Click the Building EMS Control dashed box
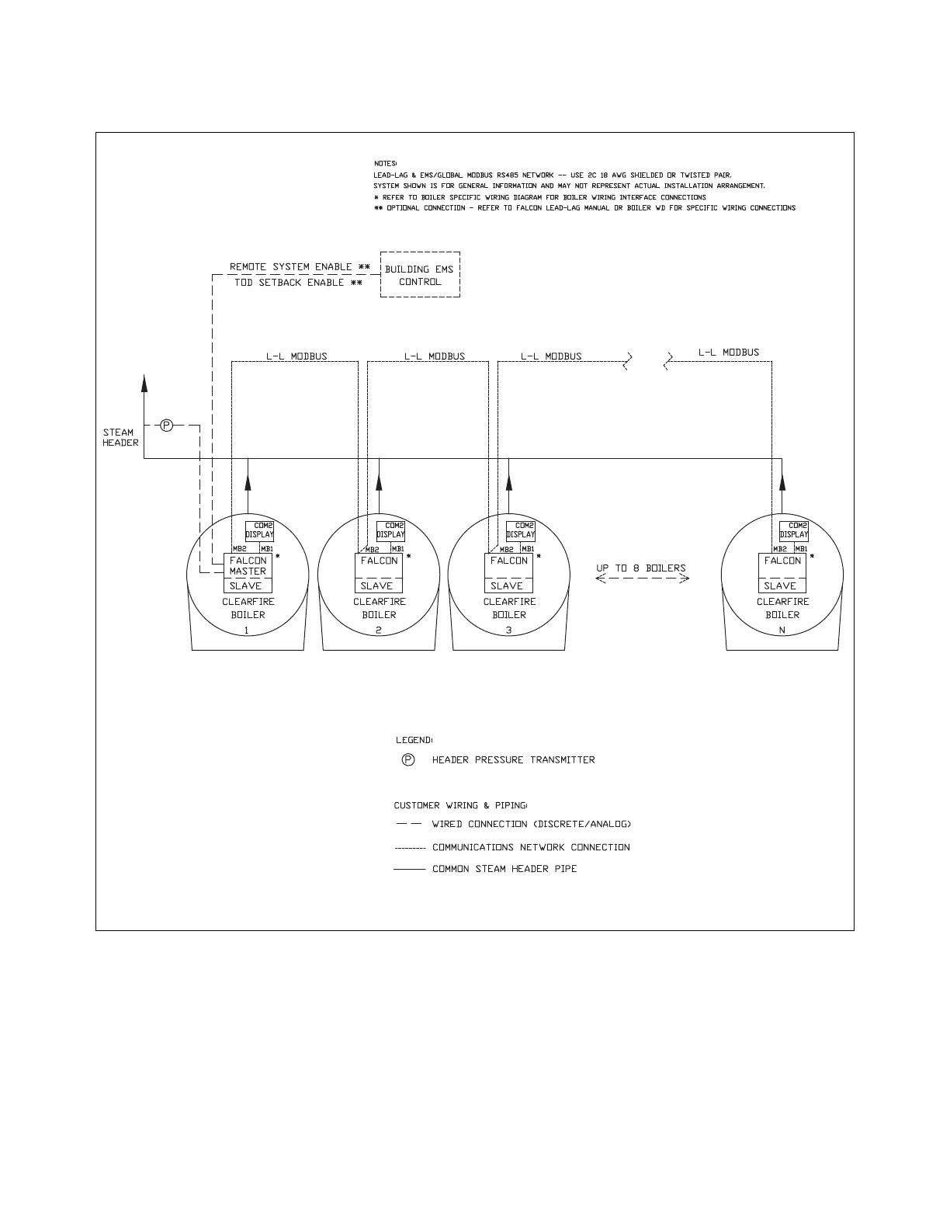(420, 275)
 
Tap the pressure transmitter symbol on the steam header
(166, 425)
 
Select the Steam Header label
(120, 437)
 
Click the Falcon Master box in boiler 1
(248, 565)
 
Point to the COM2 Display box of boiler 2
(390, 530)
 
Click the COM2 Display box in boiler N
(794, 530)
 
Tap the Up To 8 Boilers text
(641, 568)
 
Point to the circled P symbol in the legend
(408, 759)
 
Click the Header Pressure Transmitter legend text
(513, 759)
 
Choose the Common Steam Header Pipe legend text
(504, 869)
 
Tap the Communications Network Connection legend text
(531, 847)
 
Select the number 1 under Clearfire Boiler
(247, 631)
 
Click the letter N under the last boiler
(782, 631)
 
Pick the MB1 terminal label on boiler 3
(528, 549)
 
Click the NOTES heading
(385, 163)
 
